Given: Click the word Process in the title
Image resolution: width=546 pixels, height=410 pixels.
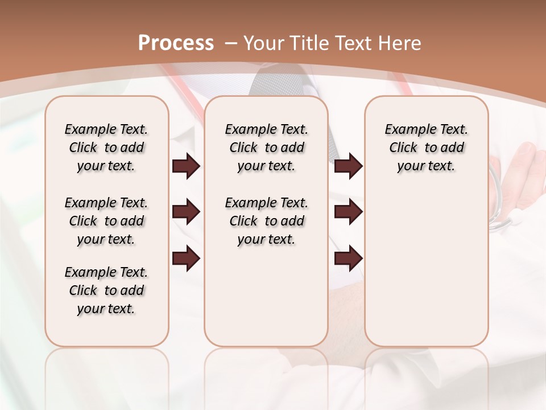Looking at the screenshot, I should coord(176,43).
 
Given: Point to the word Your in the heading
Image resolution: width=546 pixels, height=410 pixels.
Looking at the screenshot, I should coord(264,43).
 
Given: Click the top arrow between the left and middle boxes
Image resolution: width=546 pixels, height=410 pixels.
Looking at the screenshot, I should coord(186,166).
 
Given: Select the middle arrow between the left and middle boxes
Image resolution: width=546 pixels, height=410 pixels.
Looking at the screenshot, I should coord(186,212).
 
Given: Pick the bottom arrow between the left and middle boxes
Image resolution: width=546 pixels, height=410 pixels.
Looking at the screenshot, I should coord(186,259).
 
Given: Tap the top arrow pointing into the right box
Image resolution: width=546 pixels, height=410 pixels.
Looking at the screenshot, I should coord(348,166).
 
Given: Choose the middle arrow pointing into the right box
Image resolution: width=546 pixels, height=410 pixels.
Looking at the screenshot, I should coord(348,212).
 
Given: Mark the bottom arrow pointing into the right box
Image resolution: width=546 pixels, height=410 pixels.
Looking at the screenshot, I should coord(348,259).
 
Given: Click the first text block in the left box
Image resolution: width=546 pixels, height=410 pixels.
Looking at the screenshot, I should coord(106,147).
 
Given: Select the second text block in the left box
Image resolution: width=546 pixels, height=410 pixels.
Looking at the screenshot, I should coord(106,221).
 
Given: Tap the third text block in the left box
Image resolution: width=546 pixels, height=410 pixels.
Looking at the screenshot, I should coord(106,290).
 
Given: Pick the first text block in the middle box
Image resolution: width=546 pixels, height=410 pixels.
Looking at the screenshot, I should coord(266,147).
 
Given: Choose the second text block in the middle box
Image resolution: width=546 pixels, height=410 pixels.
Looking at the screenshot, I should coord(266,221).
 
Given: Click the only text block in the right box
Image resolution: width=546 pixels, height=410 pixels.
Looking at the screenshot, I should coord(426,147).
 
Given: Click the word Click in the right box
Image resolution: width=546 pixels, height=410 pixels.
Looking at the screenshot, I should coord(403,148).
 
